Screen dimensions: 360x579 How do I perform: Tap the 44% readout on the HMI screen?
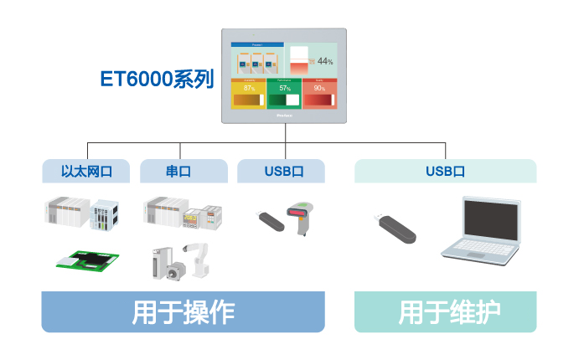click(324, 61)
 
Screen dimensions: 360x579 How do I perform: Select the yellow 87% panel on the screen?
click(249, 94)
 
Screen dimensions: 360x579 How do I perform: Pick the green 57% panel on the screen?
click(284, 94)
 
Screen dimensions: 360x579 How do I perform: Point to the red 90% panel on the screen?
click(319, 94)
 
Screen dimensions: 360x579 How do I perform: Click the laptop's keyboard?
click(483, 250)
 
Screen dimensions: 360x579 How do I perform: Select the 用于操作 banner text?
click(183, 311)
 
